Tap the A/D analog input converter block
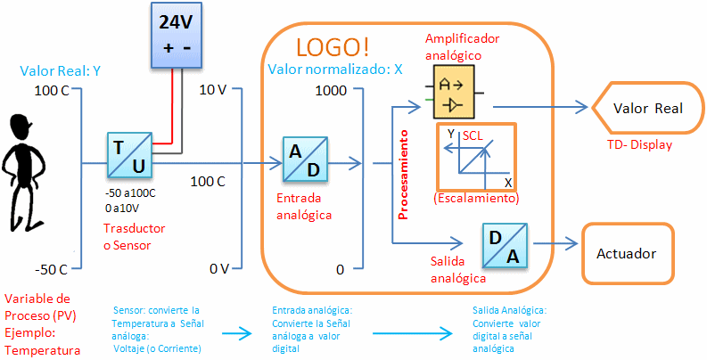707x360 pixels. pos(304,159)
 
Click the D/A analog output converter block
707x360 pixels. pos(505,246)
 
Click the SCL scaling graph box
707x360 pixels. pos(476,155)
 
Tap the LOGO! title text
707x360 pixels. pos(333,46)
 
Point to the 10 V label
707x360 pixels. pos(213,89)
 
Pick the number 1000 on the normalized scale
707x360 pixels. pos(330,90)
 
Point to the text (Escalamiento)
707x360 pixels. pos(477,198)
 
